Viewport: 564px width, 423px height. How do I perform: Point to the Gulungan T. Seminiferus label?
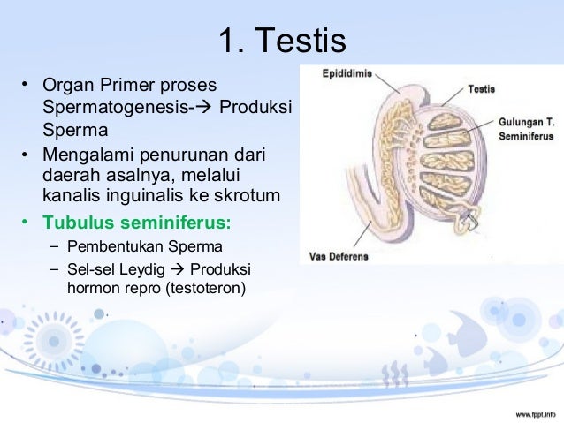526,131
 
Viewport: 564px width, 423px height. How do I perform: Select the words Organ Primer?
95,87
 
